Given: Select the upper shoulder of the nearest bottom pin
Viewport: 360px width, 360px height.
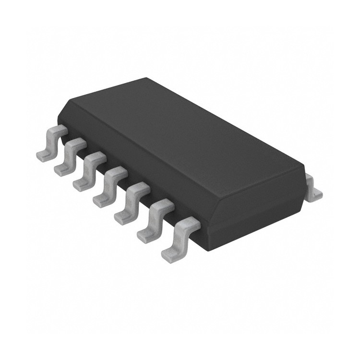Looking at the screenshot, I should (x=190, y=223).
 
